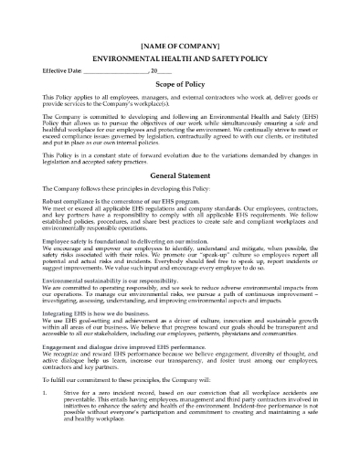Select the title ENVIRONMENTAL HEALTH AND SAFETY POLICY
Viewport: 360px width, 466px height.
tap(180, 57)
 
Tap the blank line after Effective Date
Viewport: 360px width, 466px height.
tap(113, 71)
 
